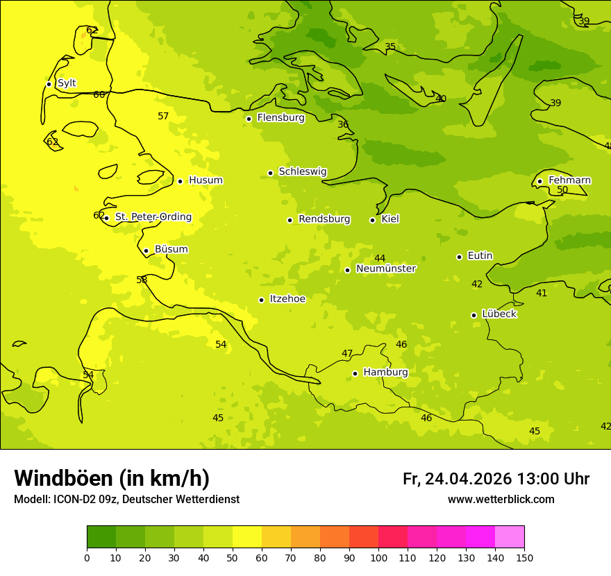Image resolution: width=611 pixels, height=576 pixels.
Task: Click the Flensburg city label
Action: point(281,118)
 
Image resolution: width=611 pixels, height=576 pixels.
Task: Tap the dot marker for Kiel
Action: point(372,220)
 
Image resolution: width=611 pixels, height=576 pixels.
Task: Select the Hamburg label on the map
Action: point(385,373)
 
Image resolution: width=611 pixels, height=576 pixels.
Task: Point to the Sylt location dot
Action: point(49,84)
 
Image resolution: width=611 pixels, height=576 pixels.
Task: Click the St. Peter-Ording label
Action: point(153,217)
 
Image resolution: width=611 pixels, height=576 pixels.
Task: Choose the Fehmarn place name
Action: point(569,180)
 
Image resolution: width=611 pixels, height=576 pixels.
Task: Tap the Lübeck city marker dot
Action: point(474,315)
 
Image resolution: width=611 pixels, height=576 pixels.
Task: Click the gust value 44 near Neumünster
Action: point(380,259)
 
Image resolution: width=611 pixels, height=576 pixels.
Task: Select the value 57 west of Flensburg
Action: point(163,117)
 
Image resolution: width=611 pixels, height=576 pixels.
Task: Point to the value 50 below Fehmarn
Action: point(562,190)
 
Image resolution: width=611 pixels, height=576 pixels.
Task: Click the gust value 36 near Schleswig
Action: point(343,125)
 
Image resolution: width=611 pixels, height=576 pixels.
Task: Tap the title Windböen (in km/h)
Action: point(112,478)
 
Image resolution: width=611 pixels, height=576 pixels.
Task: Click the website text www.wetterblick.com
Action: point(501,500)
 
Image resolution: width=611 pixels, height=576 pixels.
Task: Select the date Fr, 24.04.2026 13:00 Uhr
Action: point(496,479)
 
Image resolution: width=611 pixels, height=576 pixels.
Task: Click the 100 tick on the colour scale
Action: point(378,557)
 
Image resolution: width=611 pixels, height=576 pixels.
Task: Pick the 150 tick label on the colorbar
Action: point(524,557)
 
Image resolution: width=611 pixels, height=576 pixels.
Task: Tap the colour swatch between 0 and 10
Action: point(101,537)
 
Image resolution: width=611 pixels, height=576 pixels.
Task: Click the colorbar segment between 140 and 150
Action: point(510,537)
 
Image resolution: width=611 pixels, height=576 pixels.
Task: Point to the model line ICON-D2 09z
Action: point(126,500)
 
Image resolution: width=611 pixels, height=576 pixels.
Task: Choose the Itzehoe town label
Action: point(287,299)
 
